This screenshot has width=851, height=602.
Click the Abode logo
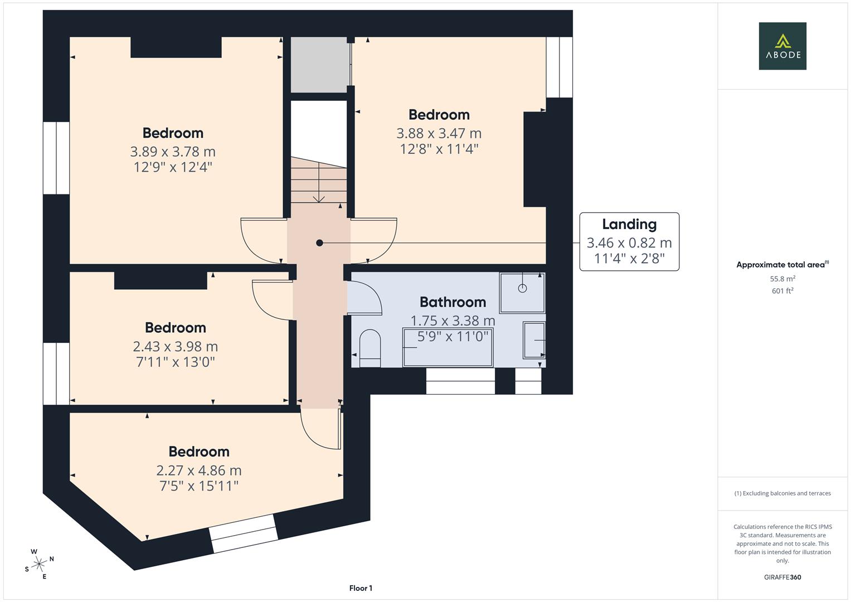pos(782,46)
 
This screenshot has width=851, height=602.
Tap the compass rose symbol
pos(39,564)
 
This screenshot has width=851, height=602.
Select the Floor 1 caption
pos(361,588)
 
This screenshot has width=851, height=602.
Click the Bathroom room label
pos(453,302)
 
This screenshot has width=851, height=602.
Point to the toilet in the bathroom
pos(370,348)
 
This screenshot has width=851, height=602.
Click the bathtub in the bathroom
pos(448,348)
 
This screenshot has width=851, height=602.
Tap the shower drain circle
pos(522,289)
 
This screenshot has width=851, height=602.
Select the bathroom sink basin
pos(534,340)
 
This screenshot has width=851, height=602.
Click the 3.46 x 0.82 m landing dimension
pos(629,243)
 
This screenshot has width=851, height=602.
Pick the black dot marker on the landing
pos(319,243)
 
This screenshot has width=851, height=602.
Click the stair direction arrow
pos(319,182)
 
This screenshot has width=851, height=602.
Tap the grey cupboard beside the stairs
pos(320,65)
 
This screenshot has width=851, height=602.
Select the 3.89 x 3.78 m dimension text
pos(173,152)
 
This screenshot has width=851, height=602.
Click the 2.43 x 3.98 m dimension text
pos(176,347)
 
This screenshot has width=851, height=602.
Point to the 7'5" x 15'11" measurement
pos(199,486)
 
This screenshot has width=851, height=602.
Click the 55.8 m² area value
pos(782,279)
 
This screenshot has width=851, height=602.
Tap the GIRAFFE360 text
pos(782,577)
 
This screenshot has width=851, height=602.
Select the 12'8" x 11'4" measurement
pos(439,149)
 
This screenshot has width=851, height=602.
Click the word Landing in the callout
pos(629,225)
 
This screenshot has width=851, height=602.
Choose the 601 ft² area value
pos(782,291)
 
